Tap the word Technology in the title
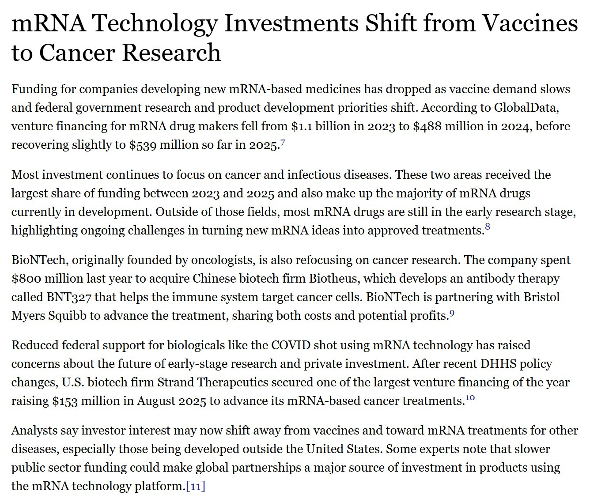click(155, 23)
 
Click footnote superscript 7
click(283, 143)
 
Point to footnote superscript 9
click(452, 314)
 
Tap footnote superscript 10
click(470, 398)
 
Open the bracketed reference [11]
click(196, 486)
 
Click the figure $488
click(427, 126)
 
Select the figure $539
click(143, 145)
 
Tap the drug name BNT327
click(69, 297)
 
